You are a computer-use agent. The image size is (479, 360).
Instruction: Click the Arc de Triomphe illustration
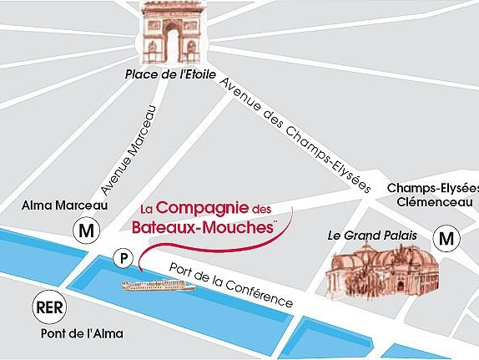click(x=173, y=33)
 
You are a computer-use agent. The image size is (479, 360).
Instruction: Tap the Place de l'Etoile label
click(x=170, y=74)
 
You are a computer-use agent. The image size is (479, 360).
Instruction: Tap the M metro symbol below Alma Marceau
click(x=85, y=228)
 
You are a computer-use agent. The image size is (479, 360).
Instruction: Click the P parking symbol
click(x=124, y=259)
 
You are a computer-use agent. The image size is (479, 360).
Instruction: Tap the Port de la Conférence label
click(x=231, y=283)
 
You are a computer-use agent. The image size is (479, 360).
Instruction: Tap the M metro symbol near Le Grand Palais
click(x=447, y=239)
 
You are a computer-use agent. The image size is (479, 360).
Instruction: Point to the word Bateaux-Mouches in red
click(x=204, y=226)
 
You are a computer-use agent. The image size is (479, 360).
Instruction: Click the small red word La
click(x=147, y=209)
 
